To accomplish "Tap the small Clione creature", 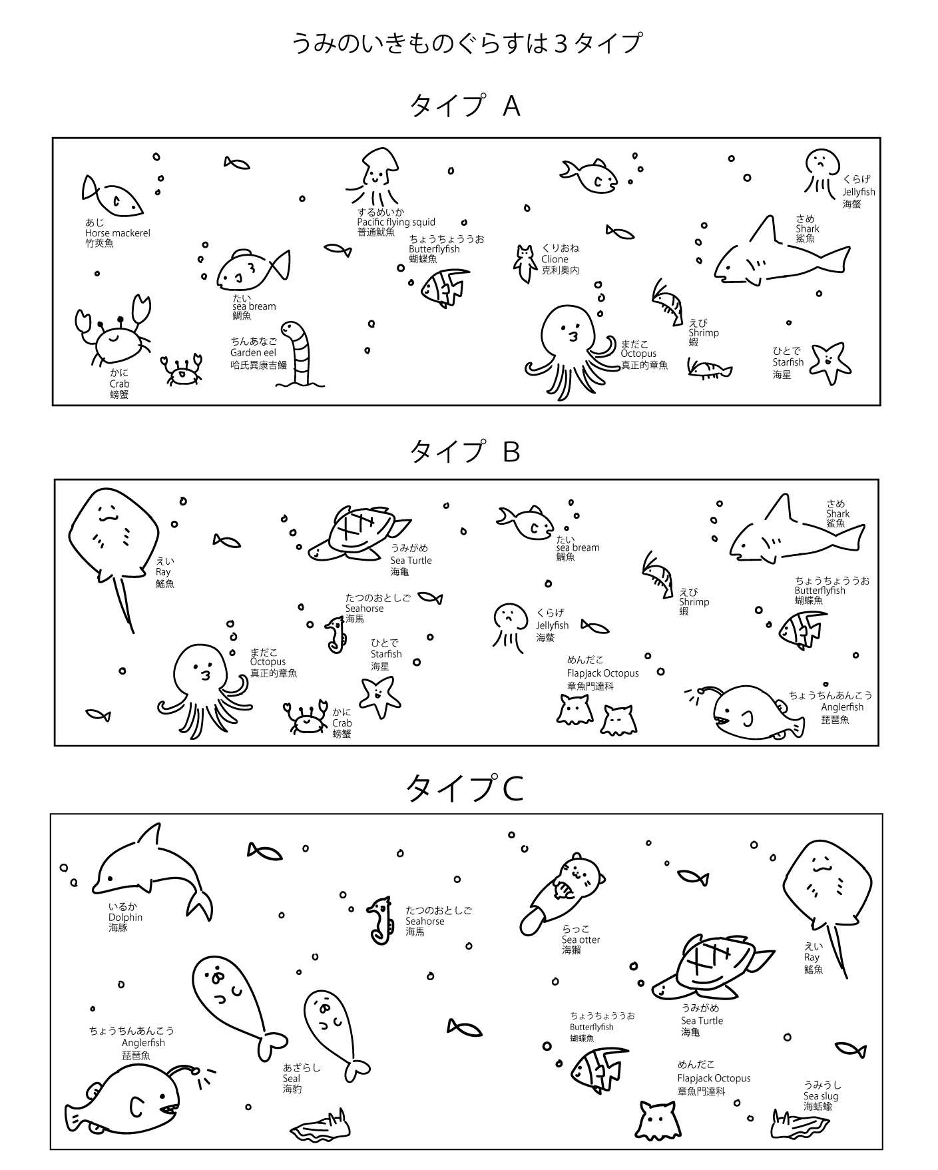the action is click(525, 262).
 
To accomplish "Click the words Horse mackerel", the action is click(118, 233).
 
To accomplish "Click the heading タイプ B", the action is click(465, 451).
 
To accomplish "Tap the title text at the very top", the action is click(467, 43).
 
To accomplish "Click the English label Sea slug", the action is click(821, 1096).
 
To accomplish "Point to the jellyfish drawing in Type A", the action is click(821, 172).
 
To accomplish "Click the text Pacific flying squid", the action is click(396, 222).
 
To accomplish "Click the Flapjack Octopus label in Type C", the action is click(714, 1078).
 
